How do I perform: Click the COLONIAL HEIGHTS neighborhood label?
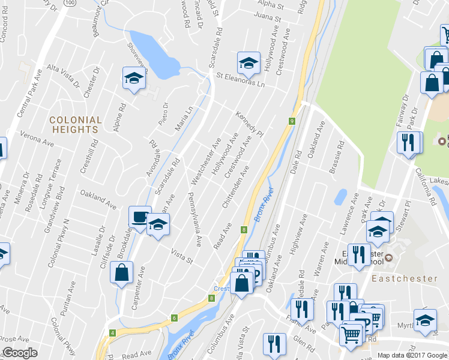pos(75,124)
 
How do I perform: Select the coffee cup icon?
pos(140,217)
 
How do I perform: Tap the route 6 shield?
pos(174,318)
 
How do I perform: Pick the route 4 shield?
pos(112,332)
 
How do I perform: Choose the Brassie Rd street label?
pos(337,158)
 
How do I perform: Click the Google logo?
pos(20,353)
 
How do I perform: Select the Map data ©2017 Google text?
pos(412,355)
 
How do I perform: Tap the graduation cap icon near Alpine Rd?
pos(134,77)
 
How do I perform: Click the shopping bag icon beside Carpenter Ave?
pos(122,272)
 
